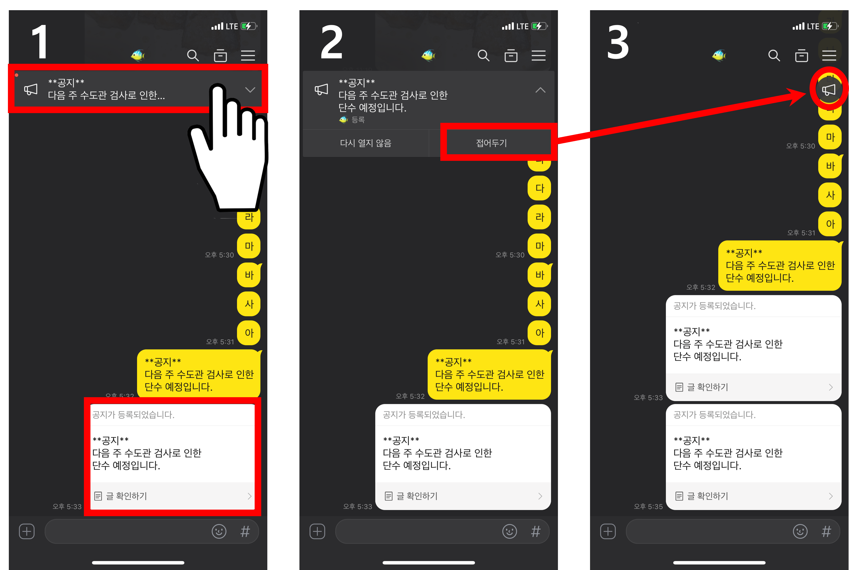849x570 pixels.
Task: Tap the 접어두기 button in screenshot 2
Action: [x=491, y=143]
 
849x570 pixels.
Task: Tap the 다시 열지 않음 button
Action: [x=366, y=143]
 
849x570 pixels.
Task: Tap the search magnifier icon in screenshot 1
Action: [x=193, y=56]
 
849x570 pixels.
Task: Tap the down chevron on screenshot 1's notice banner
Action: [x=250, y=90]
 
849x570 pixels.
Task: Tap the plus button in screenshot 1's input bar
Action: [x=26, y=532]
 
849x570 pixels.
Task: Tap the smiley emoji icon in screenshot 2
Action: [x=510, y=532]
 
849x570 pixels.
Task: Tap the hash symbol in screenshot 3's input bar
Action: [x=826, y=532]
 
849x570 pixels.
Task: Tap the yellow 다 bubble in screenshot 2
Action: [x=539, y=188]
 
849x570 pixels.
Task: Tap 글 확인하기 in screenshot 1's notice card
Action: [x=126, y=496]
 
